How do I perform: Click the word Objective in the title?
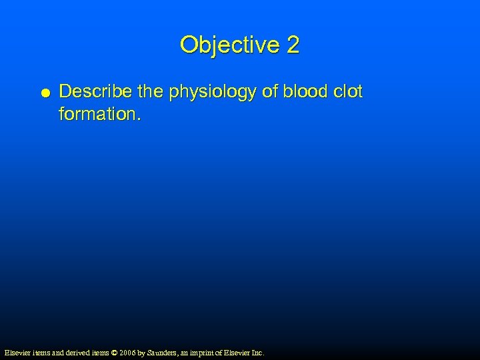coord(229,45)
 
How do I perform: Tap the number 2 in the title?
coord(293,45)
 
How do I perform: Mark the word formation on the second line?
coord(99,114)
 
